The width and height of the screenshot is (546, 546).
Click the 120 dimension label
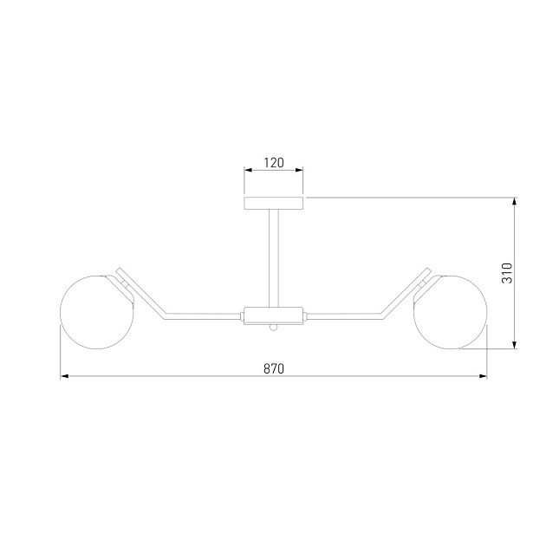[274, 163]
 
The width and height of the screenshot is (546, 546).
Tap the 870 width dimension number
[274, 368]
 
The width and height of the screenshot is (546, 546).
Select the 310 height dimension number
[507, 273]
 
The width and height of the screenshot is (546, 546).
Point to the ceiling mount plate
[273, 204]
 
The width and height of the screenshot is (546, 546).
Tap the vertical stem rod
[274, 258]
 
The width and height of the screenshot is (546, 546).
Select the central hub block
[273, 315]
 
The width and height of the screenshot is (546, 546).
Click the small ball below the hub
[274, 328]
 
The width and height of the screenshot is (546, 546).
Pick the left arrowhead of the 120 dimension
[248, 170]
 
